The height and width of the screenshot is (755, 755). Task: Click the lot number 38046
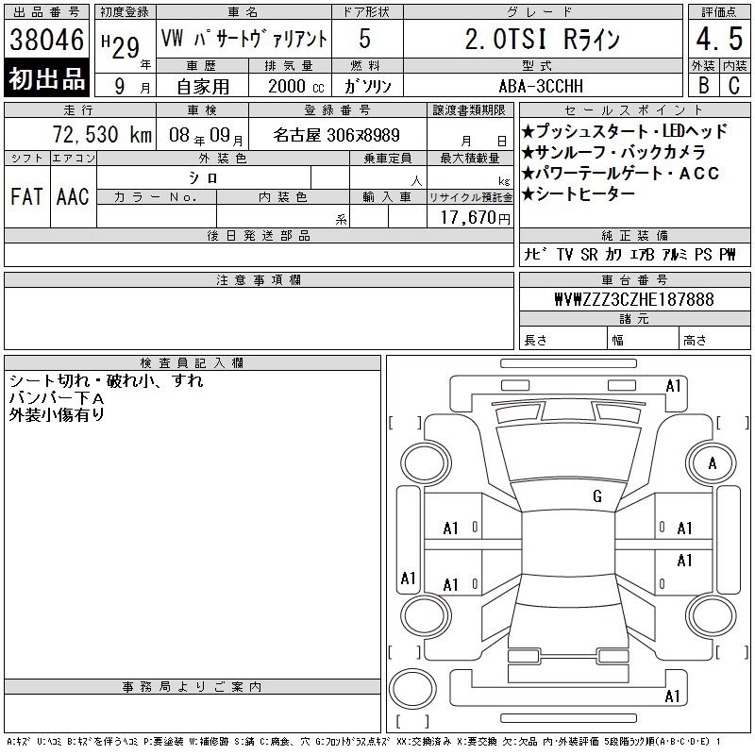point(46,40)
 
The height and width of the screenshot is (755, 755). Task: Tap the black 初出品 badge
point(46,78)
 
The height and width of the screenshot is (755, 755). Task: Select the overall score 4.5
point(719,39)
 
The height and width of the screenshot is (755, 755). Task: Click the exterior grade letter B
point(703,85)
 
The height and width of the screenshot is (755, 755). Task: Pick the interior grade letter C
point(734,85)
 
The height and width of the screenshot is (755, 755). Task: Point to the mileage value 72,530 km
point(102,134)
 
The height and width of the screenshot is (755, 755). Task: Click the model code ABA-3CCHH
point(541,86)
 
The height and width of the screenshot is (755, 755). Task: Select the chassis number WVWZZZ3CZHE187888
point(634,299)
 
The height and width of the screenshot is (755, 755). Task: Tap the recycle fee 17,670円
point(476,218)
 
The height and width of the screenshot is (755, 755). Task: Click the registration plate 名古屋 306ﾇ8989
point(336,135)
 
